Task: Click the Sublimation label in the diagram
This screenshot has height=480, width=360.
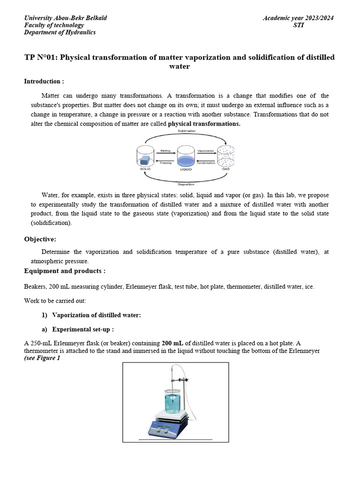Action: click(187, 131)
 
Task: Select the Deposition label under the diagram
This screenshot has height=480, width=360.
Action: click(187, 184)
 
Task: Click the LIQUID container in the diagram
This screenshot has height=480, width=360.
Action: click(186, 158)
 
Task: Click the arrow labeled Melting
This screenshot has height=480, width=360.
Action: click(165, 154)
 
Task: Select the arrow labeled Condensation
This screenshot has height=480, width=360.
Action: click(206, 160)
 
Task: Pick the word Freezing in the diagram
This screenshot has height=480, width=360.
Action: click(165, 163)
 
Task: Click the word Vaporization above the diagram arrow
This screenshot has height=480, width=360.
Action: click(206, 151)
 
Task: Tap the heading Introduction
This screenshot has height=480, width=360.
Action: click(44, 82)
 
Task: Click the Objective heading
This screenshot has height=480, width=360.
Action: click(40, 239)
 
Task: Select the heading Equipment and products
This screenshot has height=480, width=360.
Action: click(65, 271)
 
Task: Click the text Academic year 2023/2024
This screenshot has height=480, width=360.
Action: click(298, 18)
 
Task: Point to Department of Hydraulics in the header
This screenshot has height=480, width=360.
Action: click(60, 32)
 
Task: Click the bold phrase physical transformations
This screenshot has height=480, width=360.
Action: click(204, 124)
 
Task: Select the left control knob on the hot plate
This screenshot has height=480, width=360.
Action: click(160, 428)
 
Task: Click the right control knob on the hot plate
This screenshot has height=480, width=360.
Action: click(179, 428)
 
